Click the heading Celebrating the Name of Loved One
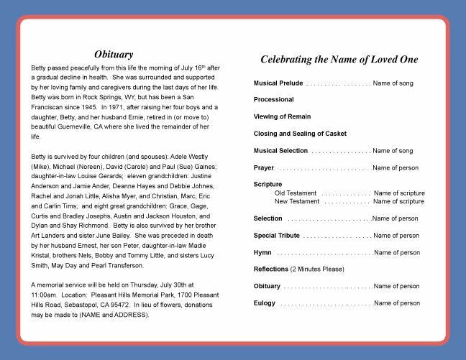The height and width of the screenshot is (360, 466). pos(339,60)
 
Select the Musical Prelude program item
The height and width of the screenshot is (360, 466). pos(278,83)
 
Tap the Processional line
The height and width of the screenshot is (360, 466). pos(273,99)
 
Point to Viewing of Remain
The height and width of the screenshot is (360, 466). pos(282,116)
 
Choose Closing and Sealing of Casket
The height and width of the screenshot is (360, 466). pos(300,134)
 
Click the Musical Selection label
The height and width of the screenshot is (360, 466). pos(280,151)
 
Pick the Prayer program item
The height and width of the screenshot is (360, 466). pos(263,167)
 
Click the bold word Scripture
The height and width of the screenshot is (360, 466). pos(268,185)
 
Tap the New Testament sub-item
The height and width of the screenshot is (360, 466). pos(298,202)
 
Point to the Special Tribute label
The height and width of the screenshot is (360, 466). pos(277,236)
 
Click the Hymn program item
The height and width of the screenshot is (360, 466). pos(262,253)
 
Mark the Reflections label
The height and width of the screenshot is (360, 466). pos(270,269)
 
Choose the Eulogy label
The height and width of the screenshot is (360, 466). pos(265,303)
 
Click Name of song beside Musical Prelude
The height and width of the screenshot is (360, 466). pos(393,83)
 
